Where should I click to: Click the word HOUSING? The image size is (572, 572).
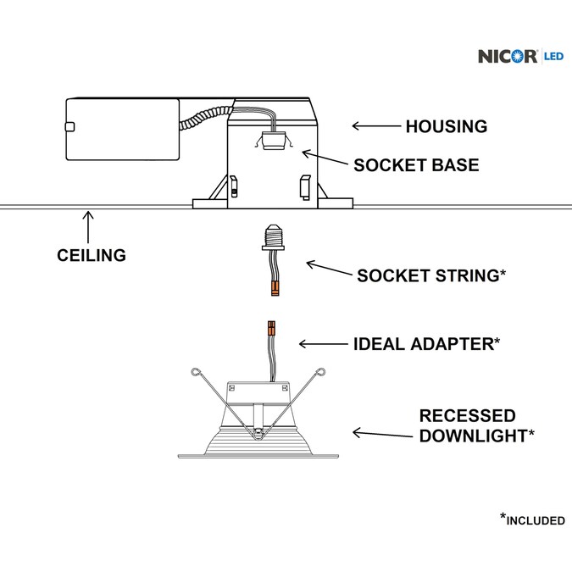[x=446, y=127]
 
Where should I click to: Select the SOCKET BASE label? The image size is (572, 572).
[x=416, y=165]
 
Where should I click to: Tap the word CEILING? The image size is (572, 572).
[x=92, y=255]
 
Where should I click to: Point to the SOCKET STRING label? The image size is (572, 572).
[x=431, y=276]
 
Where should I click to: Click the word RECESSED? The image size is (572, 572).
[x=468, y=416]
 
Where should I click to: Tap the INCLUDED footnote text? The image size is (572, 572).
[x=536, y=520]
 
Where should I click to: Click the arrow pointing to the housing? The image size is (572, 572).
[x=376, y=126]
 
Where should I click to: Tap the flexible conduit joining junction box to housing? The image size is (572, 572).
[x=207, y=118]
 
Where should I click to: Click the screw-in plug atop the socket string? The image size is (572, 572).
[x=274, y=235]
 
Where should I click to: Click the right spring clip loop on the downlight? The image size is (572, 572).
[x=324, y=370]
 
